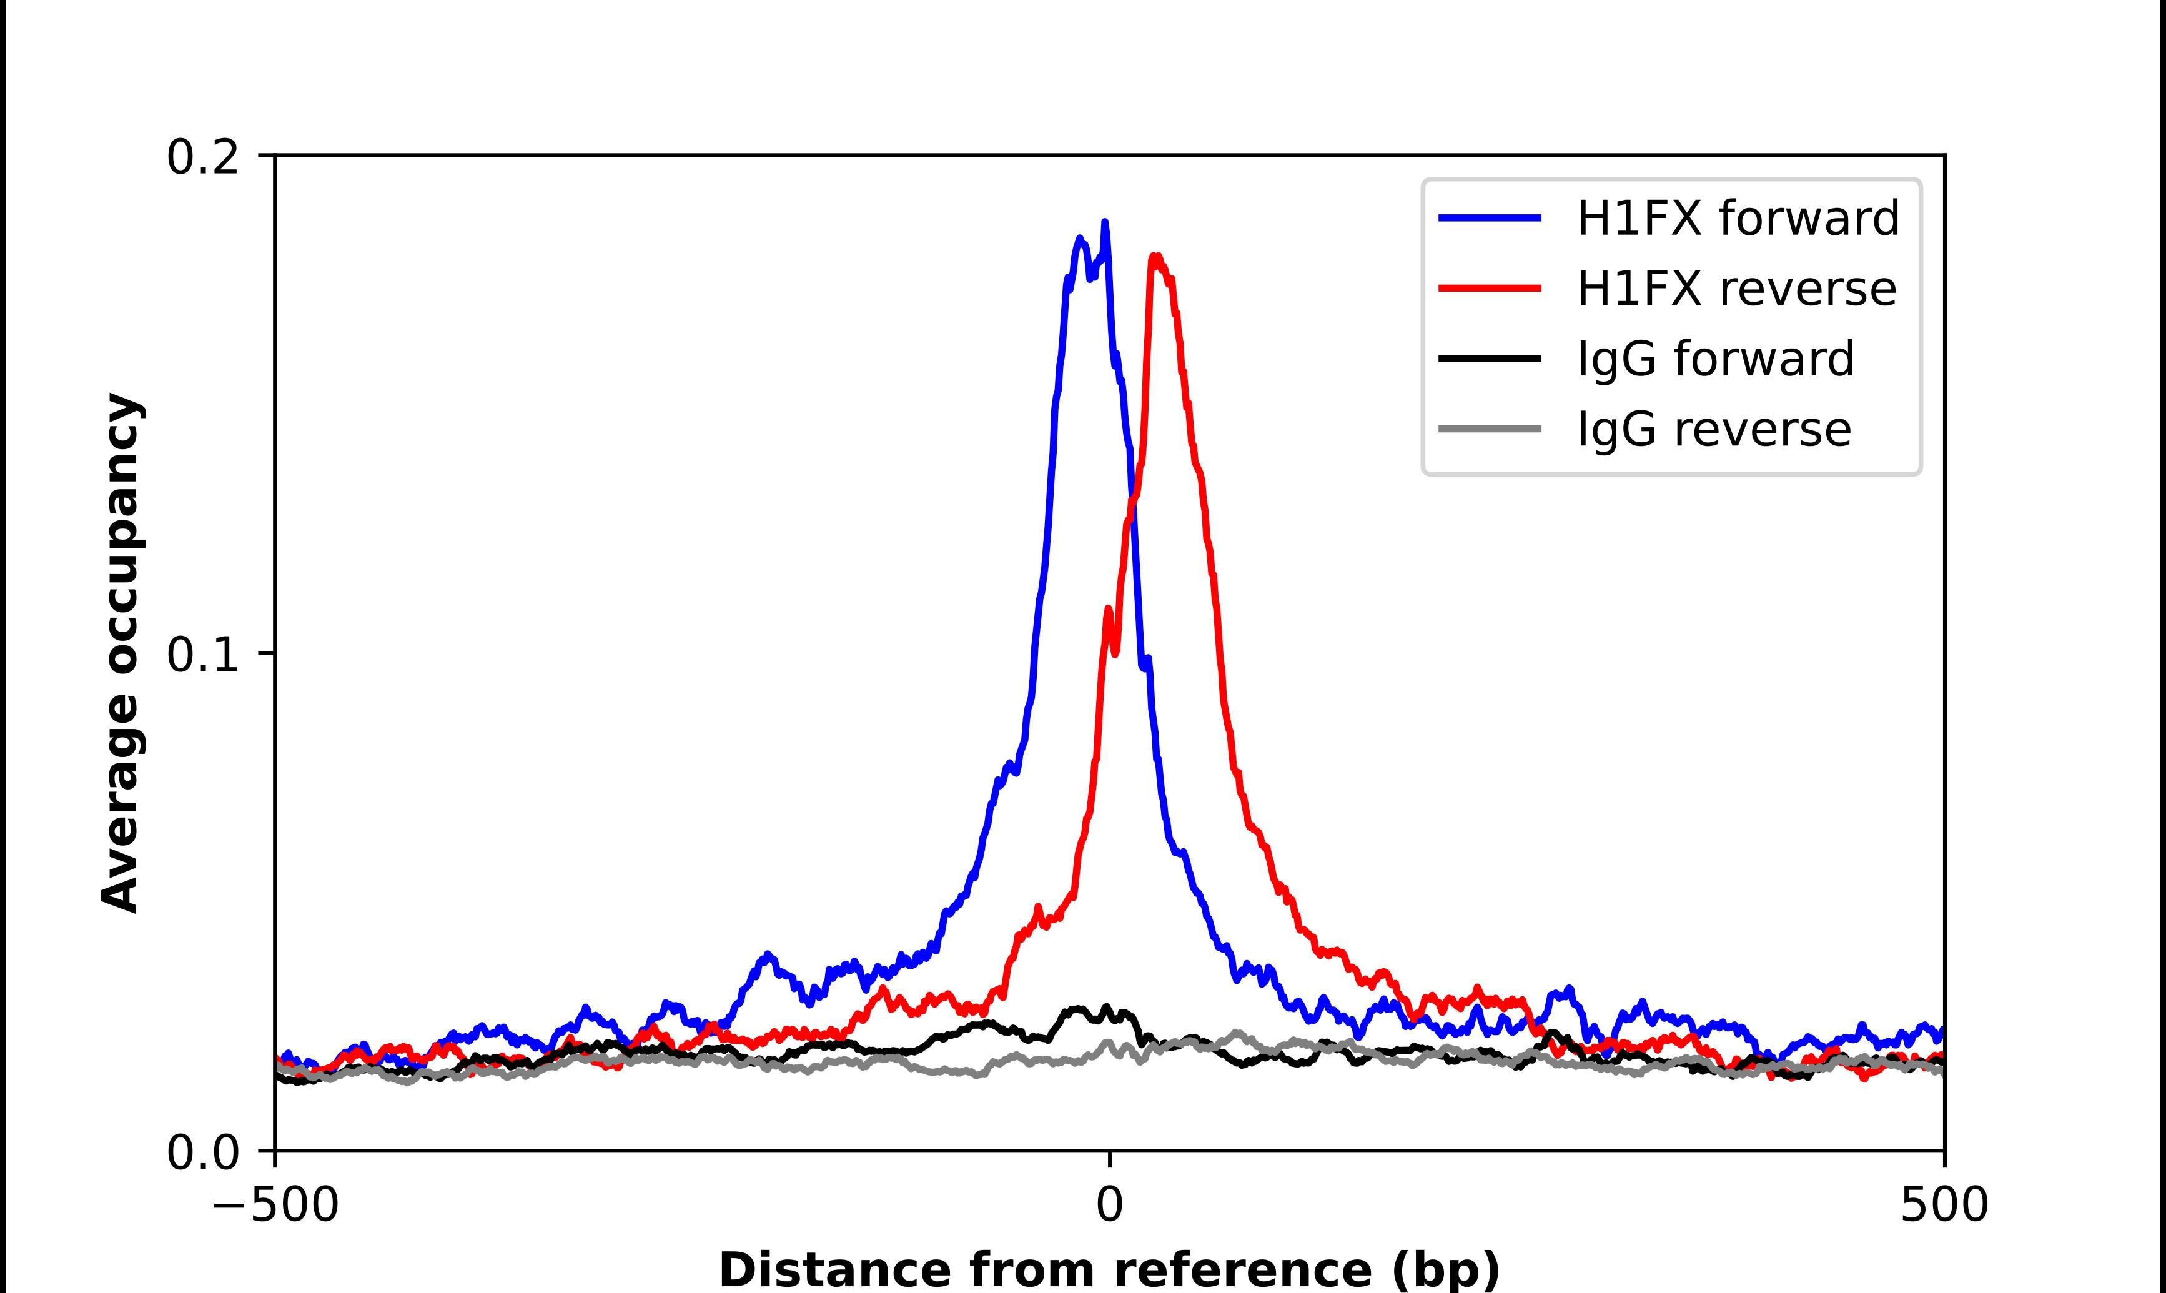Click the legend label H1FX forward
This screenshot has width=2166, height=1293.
1738,218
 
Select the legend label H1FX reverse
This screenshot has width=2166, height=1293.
1736,289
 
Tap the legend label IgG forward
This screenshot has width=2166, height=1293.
1715,359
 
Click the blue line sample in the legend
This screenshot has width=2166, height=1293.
1490,218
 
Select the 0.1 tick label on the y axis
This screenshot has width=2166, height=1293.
202,655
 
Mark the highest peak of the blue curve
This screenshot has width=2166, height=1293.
1105,223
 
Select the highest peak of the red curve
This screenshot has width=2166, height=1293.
1155,256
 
